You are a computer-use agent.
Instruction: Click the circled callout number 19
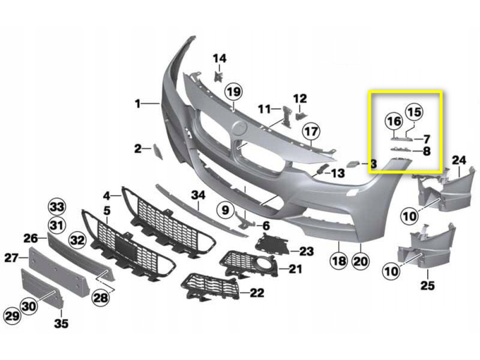[x=233, y=92]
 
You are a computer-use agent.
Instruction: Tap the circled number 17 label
[x=311, y=131]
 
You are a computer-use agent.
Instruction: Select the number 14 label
[x=220, y=58]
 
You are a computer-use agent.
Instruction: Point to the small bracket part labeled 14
[x=218, y=76]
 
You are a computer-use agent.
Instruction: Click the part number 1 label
[x=138, y=103]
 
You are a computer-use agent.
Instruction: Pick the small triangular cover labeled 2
[x=158, y=152]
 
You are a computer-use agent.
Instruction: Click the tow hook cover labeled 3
[x=353, y=164]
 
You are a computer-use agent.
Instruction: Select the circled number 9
[x=226, y=210]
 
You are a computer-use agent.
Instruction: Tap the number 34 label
[x=198, y=195]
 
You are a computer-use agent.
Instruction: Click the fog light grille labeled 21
[x=248, y=263]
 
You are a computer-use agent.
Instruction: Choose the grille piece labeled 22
[x=211, y=287]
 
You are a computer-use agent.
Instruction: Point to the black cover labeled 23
[x=272, y=244]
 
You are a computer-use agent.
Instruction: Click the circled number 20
[x=361, y=261]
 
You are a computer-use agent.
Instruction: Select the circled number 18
[x=339, y=261]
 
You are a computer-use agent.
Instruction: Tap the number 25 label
[x=427, y=286]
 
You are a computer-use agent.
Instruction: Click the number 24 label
[x=459, y=160]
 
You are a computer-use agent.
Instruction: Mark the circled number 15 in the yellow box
[x=414, y=112]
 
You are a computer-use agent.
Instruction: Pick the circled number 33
[x=57, y=207]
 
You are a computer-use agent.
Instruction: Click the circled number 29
[x=12, y=316]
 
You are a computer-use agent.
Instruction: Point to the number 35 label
[x=61, y=323]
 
